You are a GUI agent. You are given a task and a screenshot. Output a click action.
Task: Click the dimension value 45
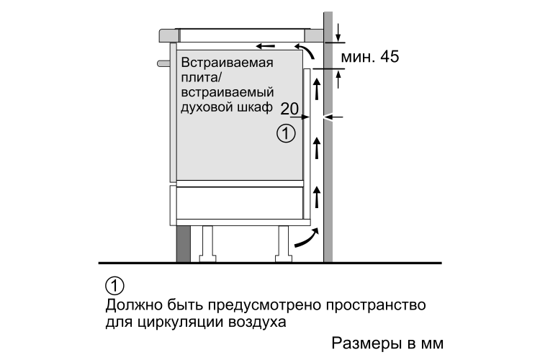point(390,56)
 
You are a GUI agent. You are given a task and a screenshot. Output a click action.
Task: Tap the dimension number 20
point(289,109)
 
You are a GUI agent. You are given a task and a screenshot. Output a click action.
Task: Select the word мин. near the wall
point(358,57)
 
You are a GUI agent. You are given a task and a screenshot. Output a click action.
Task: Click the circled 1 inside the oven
point(286,134)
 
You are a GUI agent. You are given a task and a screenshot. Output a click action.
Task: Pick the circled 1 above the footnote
point(114,286)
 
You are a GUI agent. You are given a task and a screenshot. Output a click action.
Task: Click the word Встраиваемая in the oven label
point(227,63)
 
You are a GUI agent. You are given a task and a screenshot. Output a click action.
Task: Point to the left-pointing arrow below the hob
point(266,46)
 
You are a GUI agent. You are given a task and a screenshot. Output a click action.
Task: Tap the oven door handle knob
point(163,64)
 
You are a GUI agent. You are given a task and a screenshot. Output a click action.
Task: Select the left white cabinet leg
point(207,243)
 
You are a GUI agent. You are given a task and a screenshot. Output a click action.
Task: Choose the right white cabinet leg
point(284,243)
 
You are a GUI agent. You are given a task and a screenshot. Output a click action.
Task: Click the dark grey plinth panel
point(184,244)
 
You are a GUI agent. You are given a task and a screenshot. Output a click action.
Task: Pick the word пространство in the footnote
point(376,305)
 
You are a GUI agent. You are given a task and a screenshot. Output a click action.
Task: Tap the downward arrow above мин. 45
point(338,32)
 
